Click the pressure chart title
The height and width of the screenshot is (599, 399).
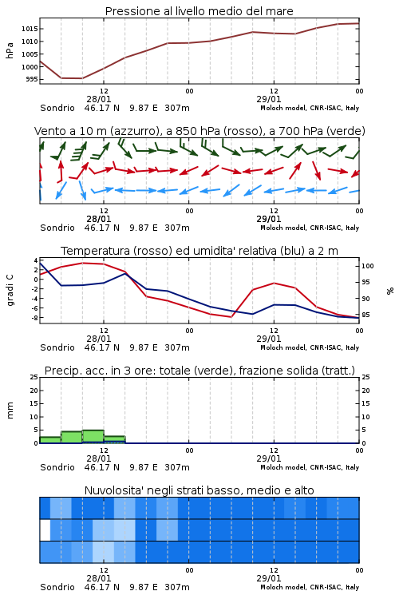(199, 11)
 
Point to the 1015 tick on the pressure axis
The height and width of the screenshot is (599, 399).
(30, 29)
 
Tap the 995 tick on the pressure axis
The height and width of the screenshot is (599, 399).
(31, 79)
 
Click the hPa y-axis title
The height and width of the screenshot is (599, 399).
(10, 50)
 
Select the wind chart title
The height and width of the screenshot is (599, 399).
(199, 131)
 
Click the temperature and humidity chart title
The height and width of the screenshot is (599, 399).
(199, 251)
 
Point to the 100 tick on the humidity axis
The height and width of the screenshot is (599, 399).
(367, 266)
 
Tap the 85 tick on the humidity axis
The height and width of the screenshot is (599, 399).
(365, 315)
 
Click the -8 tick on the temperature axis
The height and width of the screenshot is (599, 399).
(34, 317)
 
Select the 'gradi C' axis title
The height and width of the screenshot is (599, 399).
(10, 291)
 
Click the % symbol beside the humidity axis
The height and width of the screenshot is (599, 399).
(390, 291)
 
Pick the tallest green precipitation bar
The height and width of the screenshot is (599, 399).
(93, 437)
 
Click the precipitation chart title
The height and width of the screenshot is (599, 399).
(199, 371)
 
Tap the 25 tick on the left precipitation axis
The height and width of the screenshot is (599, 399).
(34, 377)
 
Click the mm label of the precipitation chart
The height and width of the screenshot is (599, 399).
(10, 411)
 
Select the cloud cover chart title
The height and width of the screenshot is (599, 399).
(199, 490)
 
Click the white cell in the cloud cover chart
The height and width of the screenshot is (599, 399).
(45, 530)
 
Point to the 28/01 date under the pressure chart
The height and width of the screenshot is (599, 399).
(99, 99)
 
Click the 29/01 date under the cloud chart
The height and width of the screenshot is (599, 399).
(268, 578)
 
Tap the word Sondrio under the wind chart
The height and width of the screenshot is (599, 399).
(57, 228)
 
